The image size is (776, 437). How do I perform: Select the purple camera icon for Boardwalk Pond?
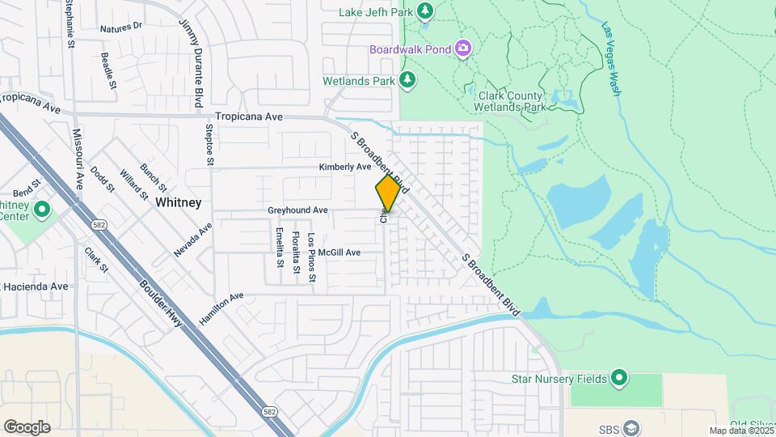[x=462, y=49]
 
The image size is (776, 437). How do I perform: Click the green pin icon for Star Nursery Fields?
[x=619, y=377]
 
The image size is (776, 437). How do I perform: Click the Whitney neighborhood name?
[x=178, y=202]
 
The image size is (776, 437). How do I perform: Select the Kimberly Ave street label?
[x=344, y=167]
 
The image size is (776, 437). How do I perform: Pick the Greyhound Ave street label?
[x=297, y=210]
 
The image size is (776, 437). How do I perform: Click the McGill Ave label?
[x=339, y=252]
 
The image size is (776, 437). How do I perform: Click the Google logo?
[x=27, y=426]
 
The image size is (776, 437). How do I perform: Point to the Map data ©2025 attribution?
[x=740, y=431]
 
